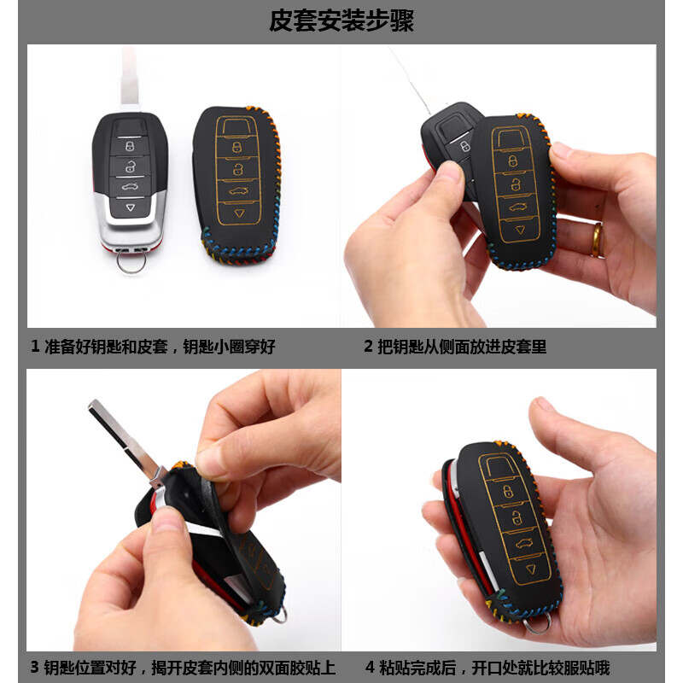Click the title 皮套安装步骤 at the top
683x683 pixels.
(341, 20)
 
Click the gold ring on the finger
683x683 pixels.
(596, 240)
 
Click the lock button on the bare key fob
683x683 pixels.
(130, 146)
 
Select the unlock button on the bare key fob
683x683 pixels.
(131, 166)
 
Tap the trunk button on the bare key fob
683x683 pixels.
(130, 187)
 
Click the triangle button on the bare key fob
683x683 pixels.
(131, 207)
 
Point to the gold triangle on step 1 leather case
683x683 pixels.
(240, 213)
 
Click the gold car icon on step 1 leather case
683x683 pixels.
(238, 190)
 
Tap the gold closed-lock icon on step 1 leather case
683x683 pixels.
(236, 147)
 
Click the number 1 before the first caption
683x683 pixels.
(35, 347)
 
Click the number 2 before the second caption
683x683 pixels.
(369, 347)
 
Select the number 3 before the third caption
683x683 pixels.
(35, 668)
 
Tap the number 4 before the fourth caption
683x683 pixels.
(370, 668)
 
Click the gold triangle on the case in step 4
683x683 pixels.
(531, 569)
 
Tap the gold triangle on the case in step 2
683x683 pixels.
(520, 230)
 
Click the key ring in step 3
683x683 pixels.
(280, 614)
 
